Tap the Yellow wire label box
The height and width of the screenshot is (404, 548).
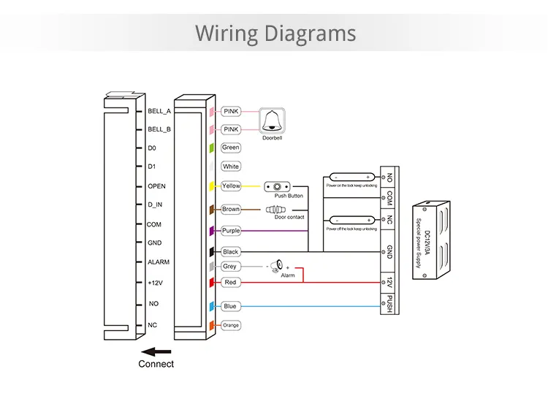pyautogui.click(x=231, y=186)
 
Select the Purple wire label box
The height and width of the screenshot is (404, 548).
pyautogui.click(x=231, y=231)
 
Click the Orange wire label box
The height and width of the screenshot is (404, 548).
pyautogui.click(x=231, y=325)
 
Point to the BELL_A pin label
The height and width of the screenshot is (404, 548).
pyautogui.click(x=159, y=111)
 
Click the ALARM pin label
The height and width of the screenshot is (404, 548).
pyautogui.click(x=159, y=262)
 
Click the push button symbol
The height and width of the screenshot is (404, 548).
pyautogui.click(x=278, y=186)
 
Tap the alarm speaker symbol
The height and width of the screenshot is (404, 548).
pyautogui.click(x=277, y=265)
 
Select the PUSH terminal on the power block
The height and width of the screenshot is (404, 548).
pyautogui.click(x=389, y=302)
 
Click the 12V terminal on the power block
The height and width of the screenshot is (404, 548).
pyautogui.click(x=389, y=281)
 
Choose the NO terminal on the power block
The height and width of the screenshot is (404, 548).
pyautogui.click(x=389, y=177)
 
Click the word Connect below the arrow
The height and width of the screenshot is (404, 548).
pyautogui.click(x=156, y=363)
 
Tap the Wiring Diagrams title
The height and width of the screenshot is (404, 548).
pyautogui.click(x=275, y=34)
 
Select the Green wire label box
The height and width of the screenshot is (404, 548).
pyautogui.click(x=231, y=148)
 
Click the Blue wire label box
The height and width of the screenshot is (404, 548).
pyautogui.click(x=230, y=306)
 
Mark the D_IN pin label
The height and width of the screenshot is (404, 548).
pyautogui.click(x=156, y=205)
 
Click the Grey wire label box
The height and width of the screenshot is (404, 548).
pyautogui.click(x=229, y=267)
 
